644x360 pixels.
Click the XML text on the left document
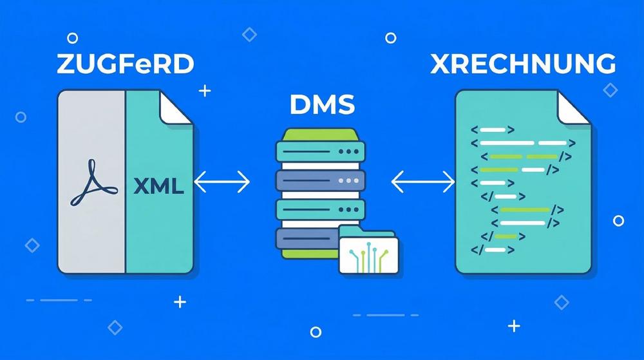point(158,187)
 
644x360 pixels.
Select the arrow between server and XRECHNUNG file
point(422,183)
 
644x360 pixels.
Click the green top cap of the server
point(320,135)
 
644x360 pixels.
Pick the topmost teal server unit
point(320,152)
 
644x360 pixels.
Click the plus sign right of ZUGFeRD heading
point(205,91)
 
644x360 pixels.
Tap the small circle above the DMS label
point(390,38)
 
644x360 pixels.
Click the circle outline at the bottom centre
point(316,332)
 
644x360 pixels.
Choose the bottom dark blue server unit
point(306,239)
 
